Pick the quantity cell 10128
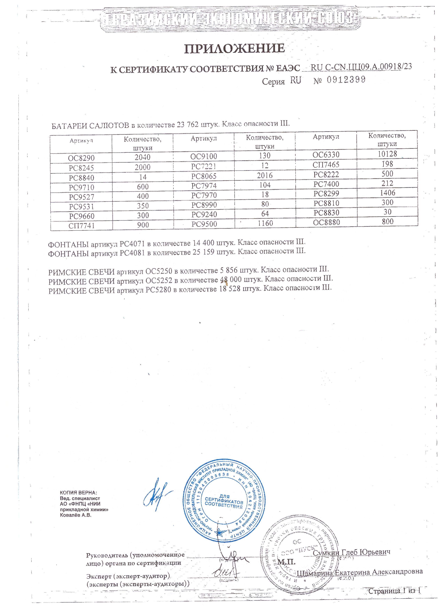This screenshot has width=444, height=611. (x=387, y=154)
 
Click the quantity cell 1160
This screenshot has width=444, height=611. (x=265, y=223)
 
